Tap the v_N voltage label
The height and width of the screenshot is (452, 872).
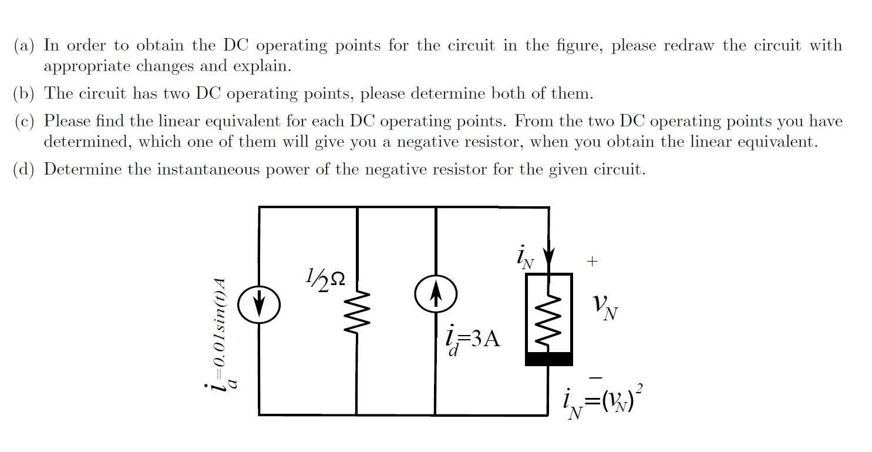coord(604,306)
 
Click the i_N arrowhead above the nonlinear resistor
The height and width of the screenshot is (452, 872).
coord(548,258)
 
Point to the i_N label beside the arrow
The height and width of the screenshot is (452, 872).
coord(524,258)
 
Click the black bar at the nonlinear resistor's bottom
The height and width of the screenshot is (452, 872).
coord(548,359)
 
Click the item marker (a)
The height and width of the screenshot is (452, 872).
coord(26,46)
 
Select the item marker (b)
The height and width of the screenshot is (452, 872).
coord(26,93)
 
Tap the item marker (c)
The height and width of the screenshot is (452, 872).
coord(26,122)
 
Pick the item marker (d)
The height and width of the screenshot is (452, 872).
coord(26,170)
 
